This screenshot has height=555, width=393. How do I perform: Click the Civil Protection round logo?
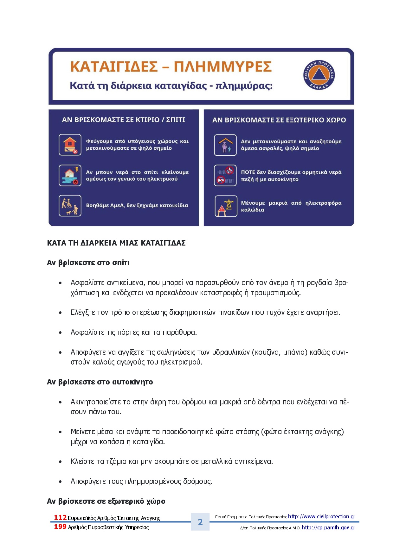319,75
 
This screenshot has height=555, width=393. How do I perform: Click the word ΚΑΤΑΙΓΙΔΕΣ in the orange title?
114,67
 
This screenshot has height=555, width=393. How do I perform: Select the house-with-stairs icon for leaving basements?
70,145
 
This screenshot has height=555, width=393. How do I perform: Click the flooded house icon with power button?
70,176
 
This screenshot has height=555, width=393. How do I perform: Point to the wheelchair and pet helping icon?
70,206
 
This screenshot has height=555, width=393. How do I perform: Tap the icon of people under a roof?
225,145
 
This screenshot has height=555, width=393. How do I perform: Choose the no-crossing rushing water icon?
225,176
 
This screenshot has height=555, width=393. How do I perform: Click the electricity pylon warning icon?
226,206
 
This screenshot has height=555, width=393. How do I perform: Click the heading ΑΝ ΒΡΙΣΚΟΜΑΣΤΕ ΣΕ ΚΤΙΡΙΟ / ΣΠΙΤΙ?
123,120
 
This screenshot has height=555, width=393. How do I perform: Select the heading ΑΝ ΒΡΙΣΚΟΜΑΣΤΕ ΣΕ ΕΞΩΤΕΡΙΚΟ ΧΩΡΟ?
279,120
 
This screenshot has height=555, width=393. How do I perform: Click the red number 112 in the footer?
60,518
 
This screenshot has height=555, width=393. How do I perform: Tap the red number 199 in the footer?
60,527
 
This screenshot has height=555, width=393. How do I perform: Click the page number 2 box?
200,522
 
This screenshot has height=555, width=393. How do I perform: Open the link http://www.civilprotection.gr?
321,517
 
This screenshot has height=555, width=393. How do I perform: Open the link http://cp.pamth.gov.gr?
328,527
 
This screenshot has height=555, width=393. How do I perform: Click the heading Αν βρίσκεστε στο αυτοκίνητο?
100,382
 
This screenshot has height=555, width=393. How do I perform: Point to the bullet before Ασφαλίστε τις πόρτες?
60,333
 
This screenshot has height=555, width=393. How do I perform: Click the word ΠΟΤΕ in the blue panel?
248,172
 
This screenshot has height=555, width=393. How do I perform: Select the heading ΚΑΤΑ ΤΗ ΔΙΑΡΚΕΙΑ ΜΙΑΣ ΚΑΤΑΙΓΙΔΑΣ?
116,243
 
